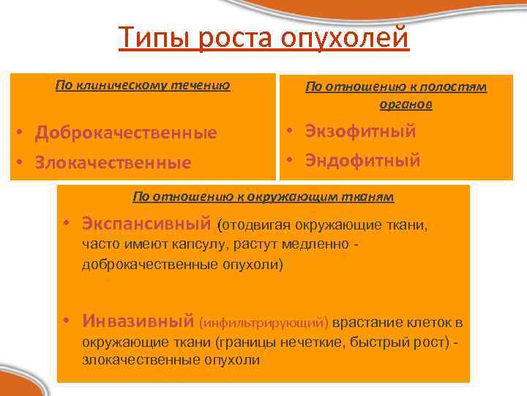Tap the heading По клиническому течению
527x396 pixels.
[143, 85]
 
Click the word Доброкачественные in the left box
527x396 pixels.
[126, 133]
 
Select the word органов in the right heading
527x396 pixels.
[405, 104]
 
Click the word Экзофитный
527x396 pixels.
[359, 131]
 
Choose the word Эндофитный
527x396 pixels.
[362, 161]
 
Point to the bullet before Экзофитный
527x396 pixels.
[291, 132]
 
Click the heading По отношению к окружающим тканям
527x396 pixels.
[263, 197]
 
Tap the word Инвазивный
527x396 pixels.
[138, 321]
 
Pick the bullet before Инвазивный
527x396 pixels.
[66, 322]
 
